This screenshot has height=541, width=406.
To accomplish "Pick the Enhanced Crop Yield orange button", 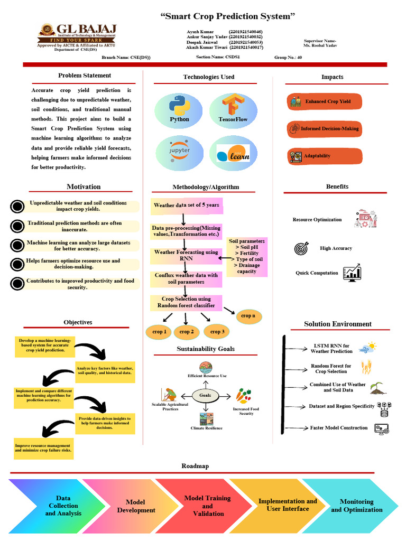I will pyautogui.click(x=325, y=101).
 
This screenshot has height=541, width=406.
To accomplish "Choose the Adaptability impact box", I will pyautogui.click(x=325, y=156).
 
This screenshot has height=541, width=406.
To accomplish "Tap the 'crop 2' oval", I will pyautogui.click(x=186, y=332).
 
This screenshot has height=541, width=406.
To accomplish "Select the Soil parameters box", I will pyautogui.click(x=247, y=257).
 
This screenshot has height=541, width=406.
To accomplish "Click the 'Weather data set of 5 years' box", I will pyautogui.click(x=187, y=205).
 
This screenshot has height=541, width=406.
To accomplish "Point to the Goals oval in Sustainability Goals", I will pyautogui.click(x=205, y=395).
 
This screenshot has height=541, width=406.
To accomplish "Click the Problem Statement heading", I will pyautogui.click(x=85, y=76).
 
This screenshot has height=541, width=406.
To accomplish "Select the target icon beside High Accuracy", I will pyautogui.click(x=301, y=248).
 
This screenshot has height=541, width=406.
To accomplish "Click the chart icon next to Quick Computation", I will pyautogui.click(x=352, y=273).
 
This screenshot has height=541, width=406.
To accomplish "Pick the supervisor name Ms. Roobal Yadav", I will pyautogui.click(x=320, y=45).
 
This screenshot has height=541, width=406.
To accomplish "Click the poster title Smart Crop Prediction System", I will pyautogui.click(x=227, y=16).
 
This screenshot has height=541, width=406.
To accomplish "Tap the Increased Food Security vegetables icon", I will pyautogui.click(x=244, y=396).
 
